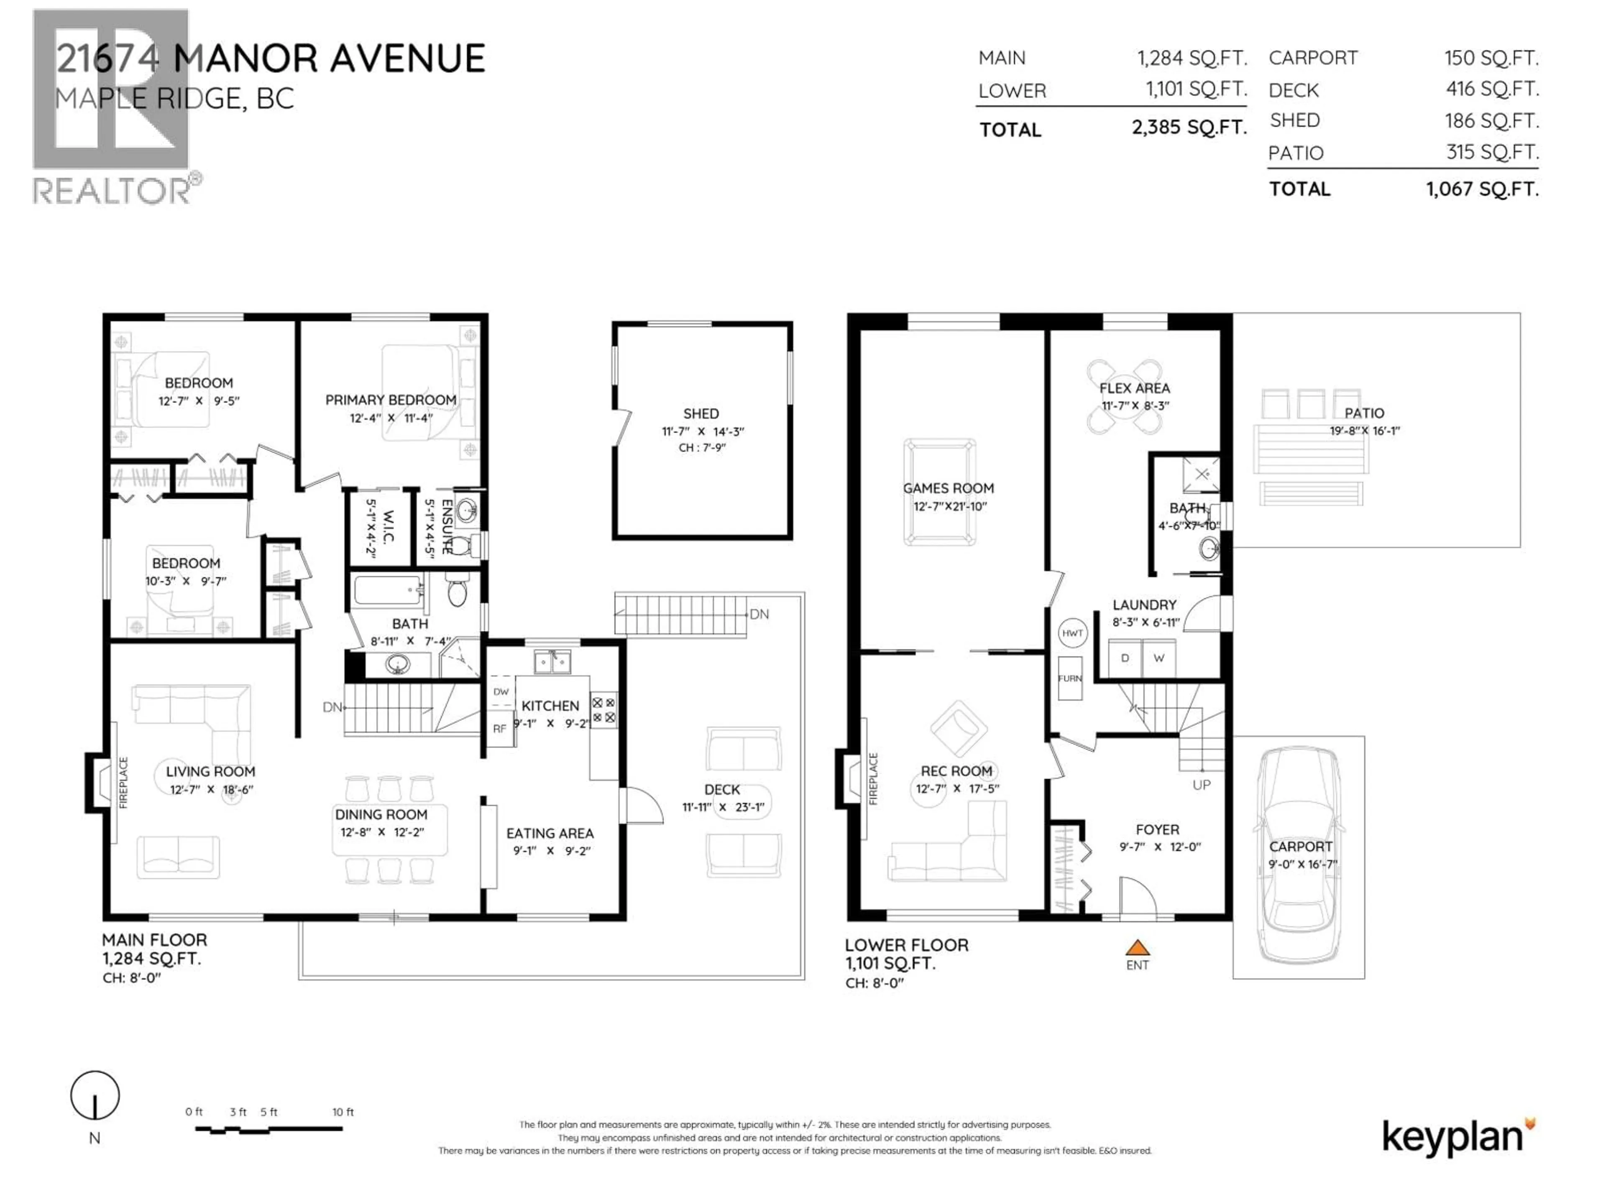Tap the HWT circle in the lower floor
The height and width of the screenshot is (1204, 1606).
pos(1072,633)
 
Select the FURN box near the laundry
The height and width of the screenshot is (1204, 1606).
pos(1069,678)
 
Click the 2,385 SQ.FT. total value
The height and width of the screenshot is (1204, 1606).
pos(1189,128)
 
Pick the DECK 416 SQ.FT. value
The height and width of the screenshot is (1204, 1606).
pos(1491,89)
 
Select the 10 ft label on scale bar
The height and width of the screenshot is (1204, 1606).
pos(343,1112)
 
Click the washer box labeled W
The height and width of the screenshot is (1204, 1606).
pos(1159,658)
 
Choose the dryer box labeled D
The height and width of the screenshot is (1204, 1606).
pos(1125,658)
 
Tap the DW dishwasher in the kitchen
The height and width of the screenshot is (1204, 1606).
pos(501,691)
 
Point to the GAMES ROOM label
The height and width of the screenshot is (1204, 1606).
pos(948,488)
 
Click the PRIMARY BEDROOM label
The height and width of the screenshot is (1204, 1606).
pos(391,400)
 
